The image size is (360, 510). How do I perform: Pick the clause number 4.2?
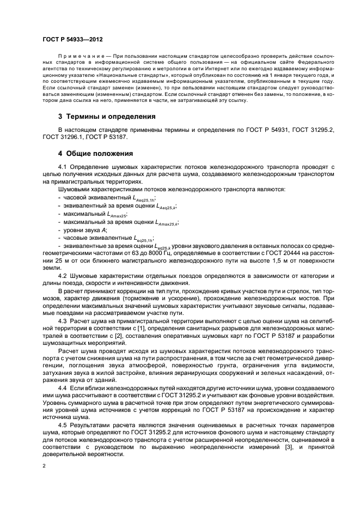point(63,275)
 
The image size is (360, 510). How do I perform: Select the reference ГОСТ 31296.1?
point(66,137)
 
